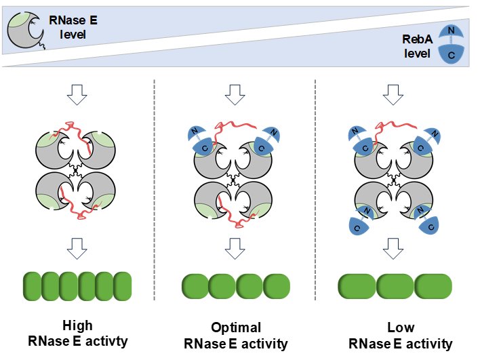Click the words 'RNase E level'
point(73,27)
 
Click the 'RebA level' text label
point(418,46)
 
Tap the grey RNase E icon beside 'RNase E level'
point(26,30)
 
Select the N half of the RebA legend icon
point(452,32)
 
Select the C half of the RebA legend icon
point(452,54)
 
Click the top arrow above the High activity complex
point(77,95)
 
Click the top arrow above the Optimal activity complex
point(235,95)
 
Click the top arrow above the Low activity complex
point(393,95)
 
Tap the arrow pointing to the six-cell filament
point(77,249)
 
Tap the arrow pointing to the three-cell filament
point(393,249)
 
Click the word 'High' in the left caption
point(77,325)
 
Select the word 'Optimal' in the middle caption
point(236,327)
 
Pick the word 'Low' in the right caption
point(401,327)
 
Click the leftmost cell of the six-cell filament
point(32,286)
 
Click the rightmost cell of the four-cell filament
point(277,287)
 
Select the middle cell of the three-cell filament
point(395,287)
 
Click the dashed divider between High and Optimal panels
point(155,190)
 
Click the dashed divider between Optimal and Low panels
point(315,190)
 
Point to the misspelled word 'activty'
point(106,341)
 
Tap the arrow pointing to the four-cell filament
point(235,249)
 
